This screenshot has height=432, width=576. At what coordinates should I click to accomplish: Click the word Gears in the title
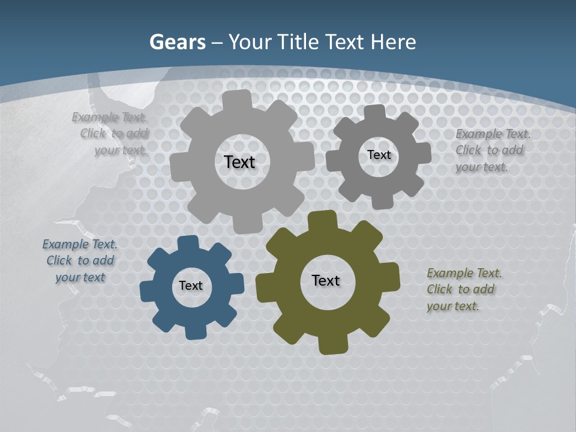tap(177, 43)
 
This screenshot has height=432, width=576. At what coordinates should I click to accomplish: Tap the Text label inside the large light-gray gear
tap(239, 162)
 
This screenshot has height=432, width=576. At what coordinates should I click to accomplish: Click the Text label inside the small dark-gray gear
tap(379, 155)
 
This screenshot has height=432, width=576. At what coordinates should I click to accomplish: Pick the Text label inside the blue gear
tap(191, 286)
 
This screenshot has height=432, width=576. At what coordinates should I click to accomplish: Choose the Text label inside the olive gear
tap(326, 280)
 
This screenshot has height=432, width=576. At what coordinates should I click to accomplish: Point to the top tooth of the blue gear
tap(188, 244)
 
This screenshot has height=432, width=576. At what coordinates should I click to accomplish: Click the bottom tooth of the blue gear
tap(194, 331)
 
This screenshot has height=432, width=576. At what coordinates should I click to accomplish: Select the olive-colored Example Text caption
tap(464, 289)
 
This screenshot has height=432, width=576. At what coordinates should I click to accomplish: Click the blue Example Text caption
tap(80, 260)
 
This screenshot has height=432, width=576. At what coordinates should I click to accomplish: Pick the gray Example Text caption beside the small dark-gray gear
tap(493, 150)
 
